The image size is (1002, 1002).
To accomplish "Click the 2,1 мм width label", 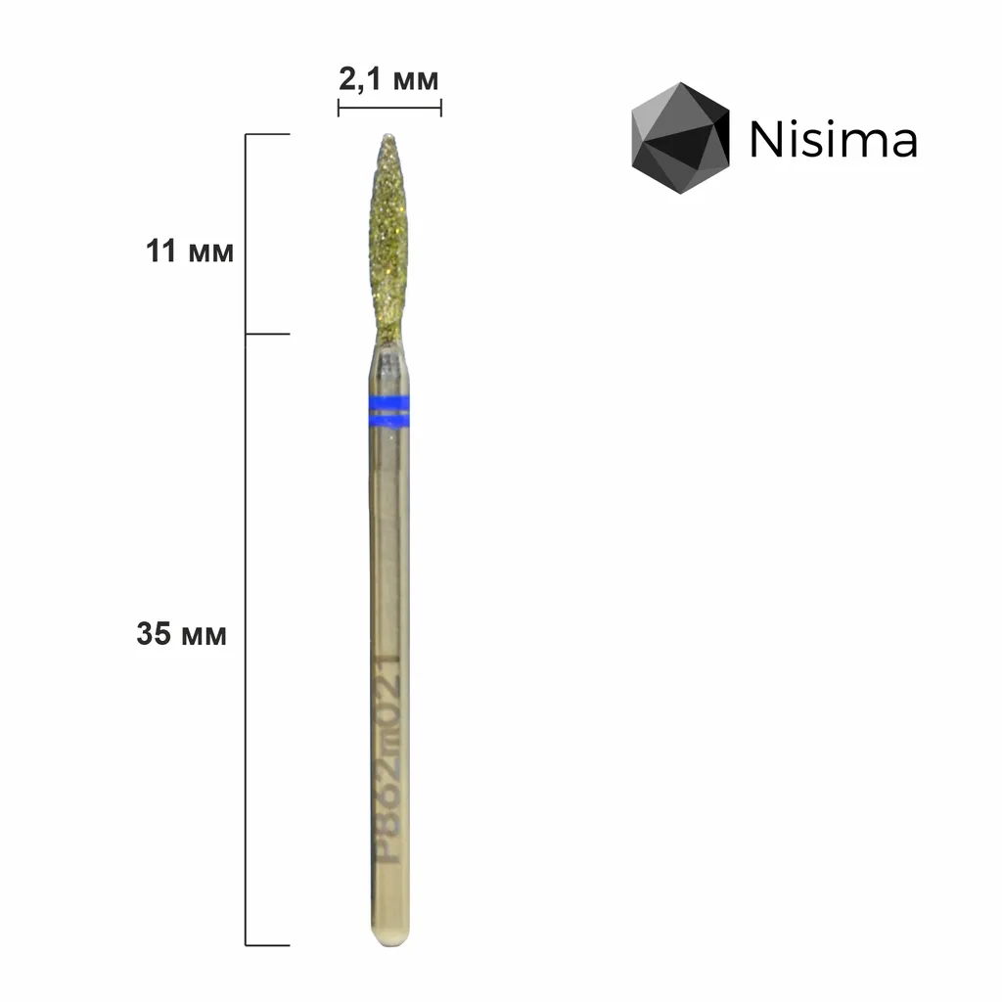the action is click(388, 80).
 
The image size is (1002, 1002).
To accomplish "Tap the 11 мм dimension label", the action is click(190, 251).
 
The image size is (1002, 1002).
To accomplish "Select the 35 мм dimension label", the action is click(181, 634).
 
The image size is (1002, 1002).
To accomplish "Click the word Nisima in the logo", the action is click(834, 139).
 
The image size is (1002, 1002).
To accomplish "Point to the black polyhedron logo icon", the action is click(680, 137).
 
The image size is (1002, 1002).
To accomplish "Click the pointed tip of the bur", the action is click(387, 135).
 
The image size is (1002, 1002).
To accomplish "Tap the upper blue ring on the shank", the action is click(389, 402).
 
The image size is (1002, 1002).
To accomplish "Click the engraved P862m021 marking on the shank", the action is click(387, 760).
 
